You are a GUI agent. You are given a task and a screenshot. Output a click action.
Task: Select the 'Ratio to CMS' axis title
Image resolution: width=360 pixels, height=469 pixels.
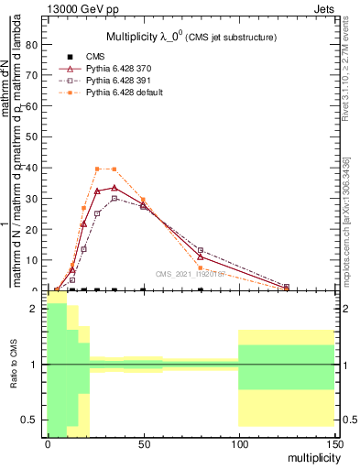tap(14, 364)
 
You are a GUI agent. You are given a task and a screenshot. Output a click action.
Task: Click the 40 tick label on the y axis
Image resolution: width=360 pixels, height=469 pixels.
tap(33, 168)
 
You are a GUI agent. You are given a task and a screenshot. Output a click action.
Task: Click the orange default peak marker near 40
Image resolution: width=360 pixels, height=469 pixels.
tap(98, 169)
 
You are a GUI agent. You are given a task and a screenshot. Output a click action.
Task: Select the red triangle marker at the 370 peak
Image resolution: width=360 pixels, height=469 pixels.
tap(114, 188)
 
